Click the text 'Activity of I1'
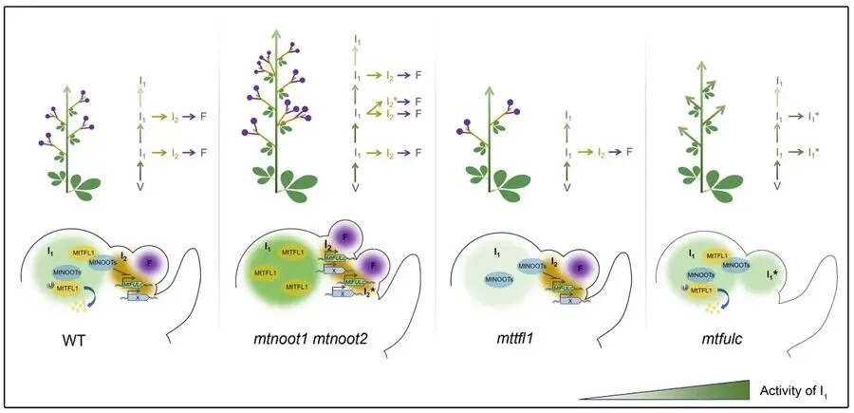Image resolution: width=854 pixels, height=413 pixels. pos(794,390)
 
